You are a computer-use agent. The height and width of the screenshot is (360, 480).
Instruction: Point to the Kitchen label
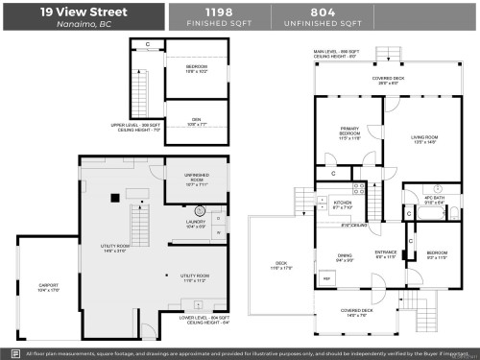343,204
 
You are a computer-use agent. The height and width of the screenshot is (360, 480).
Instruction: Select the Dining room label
343,256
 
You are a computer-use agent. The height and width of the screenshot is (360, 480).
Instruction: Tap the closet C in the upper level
147,45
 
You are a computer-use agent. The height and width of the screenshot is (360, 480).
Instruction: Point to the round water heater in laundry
202,210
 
